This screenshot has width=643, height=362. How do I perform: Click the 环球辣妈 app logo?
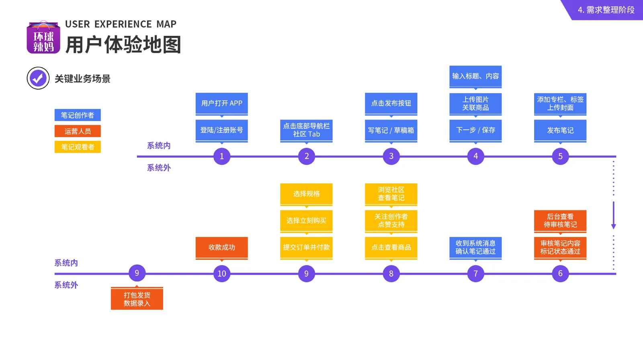tap(43, 37)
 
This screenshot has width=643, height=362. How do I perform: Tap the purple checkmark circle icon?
tap(38, 78)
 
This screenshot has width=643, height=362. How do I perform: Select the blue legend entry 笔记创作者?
tap(78, 115)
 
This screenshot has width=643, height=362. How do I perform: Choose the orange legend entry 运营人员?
tap(78, 131)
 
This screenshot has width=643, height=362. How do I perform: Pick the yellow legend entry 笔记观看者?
tap(78, 147)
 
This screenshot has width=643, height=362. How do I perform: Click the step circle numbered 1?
tap(221, 156)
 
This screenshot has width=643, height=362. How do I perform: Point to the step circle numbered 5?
tap(560, 156)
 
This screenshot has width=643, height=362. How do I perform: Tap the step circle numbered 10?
tap(221, 274)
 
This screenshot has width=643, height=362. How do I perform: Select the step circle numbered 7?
tap(475, 274)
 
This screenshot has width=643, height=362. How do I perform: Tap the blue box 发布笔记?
tap(560, 131)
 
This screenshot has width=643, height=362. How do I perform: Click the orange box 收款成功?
tap(221, 248)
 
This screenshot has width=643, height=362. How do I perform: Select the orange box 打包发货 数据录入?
tap(137, 298)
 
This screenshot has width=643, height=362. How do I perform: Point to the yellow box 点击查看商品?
tap(391, 248)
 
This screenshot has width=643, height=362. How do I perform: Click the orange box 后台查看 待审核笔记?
tap(560, 221)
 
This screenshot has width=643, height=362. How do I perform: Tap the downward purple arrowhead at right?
tap(613, 226)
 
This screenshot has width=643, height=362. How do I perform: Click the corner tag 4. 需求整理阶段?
tap(606, 10)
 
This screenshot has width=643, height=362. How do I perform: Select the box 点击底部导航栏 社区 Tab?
tap(306, 131)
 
